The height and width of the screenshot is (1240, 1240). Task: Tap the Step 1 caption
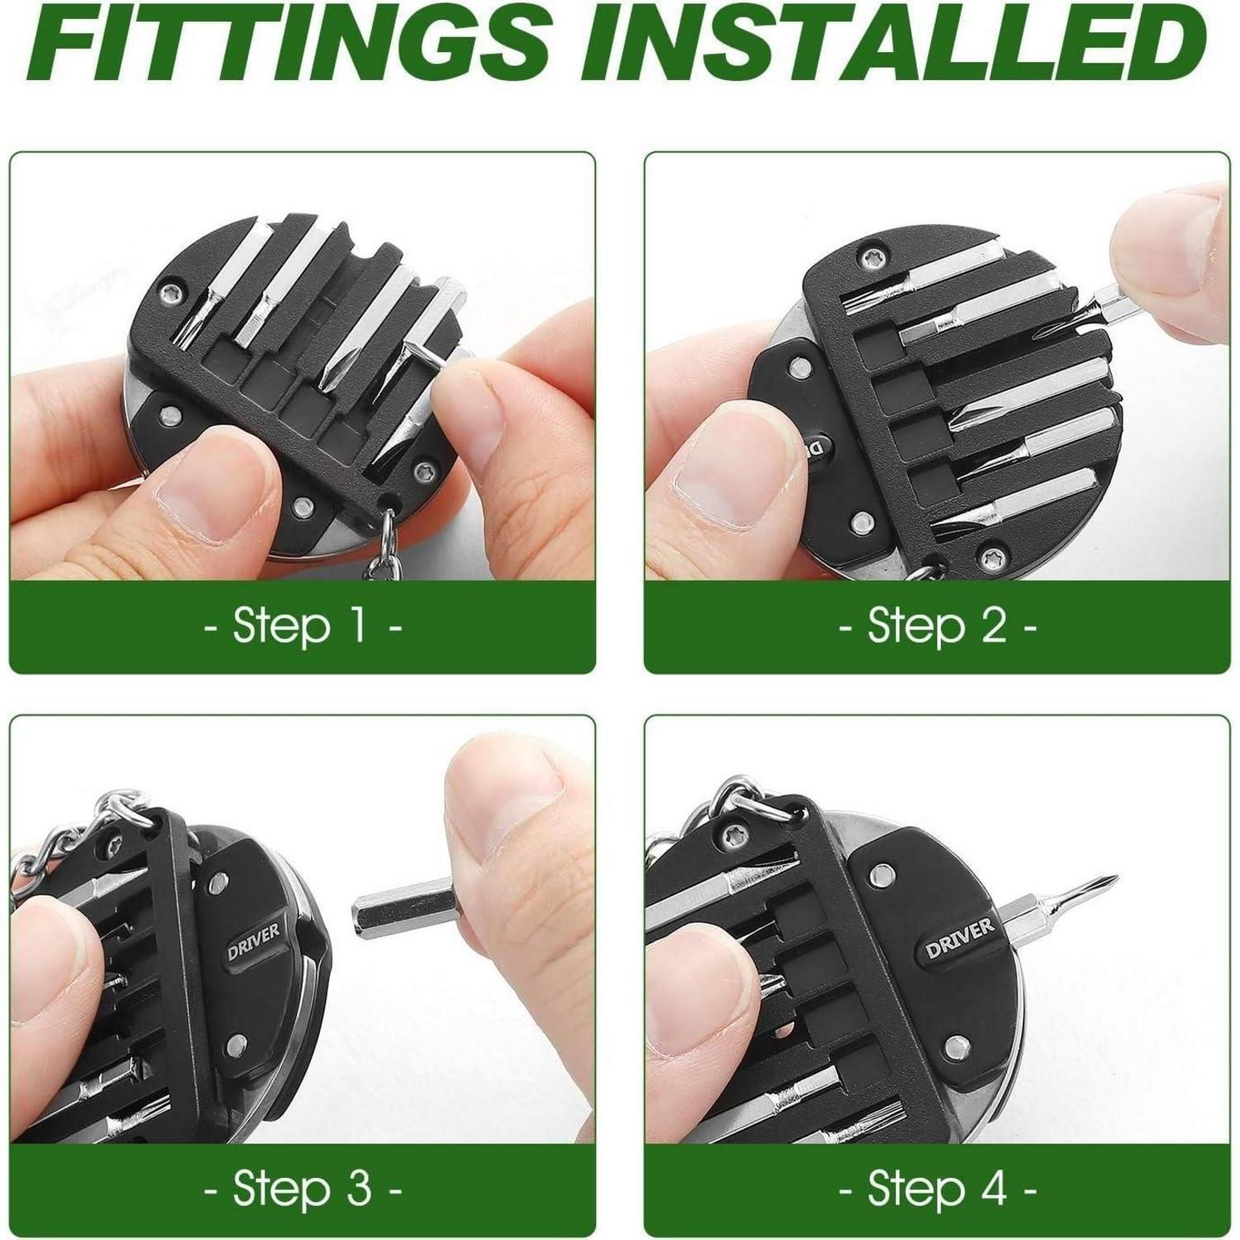pyautogui.click(x=303, y=626)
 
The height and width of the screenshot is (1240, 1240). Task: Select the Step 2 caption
pyautogui.click(x=938, y=626)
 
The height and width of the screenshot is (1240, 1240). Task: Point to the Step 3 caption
pyautogui.click(x=303, y=1189)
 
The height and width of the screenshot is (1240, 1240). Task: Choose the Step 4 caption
pyautogui.click(x=938, y=1189)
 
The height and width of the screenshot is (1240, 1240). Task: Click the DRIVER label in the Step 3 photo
pyautogui.click(x=254, y=940)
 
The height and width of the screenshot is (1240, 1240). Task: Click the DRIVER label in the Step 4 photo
pyautogui.click(x=960, y=937)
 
